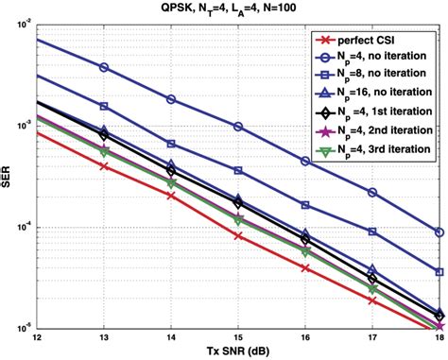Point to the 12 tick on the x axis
(36, 338)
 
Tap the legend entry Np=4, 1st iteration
(377, 111)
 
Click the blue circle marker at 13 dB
(104, 67)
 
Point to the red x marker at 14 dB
(171, 196)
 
